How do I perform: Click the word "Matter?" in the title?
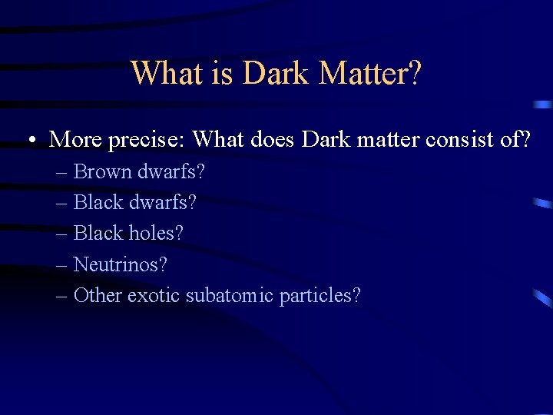point(370,74)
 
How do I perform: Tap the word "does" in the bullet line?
point(275,139)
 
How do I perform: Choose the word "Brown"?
point(103,171)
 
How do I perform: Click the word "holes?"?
point(157,233)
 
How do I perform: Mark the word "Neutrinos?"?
point(120,264)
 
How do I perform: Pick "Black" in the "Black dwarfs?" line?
point(98,202)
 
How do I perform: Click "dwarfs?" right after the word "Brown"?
point(171,171)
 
